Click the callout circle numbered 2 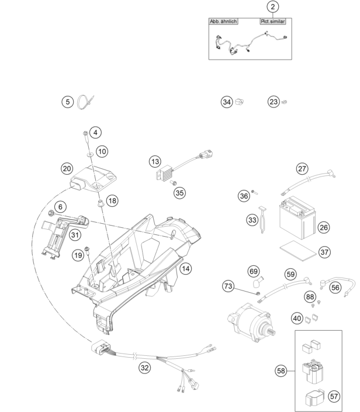click(x=273, y=7)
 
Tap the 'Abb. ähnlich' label click(x=223, y=21)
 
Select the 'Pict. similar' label click(x=273, y=21)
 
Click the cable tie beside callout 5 click(x=85, y=102)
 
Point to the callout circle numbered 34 click(x=227, y=102)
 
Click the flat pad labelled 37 click(x=298, y=251)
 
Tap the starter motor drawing click(x=252, y=323)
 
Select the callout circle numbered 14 click(x=185, y=269)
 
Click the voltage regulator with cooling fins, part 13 click(x=164, y=172)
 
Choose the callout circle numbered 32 click(x=144, y=368)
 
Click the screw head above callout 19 click(x=86, y=248)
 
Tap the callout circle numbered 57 click(x=334, y=396)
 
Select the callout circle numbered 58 click(x=281, y=371)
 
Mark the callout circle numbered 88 click(x=310, y=297)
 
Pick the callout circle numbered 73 click(x=228, y=286)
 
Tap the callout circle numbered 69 click(x=254, y=271)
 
